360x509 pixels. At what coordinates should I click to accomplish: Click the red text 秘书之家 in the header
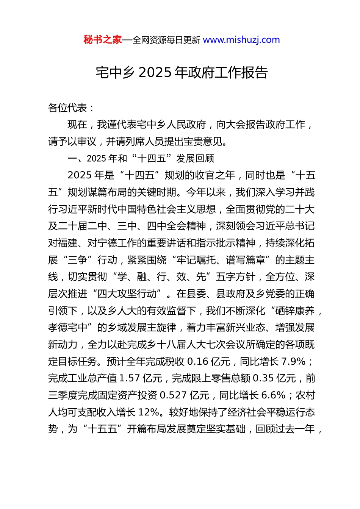click(103, 40)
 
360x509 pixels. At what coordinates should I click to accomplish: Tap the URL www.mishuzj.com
click(241, 40)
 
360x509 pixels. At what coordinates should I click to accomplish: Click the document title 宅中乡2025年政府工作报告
click(182, 72)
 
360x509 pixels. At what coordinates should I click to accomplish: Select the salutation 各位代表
click(68, 108)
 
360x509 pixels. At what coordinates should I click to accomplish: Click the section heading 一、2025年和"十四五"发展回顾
click(141, 158)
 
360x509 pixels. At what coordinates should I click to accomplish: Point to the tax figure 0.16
click(198, 362)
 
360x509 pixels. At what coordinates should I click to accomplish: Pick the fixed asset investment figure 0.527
click(173, 395)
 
